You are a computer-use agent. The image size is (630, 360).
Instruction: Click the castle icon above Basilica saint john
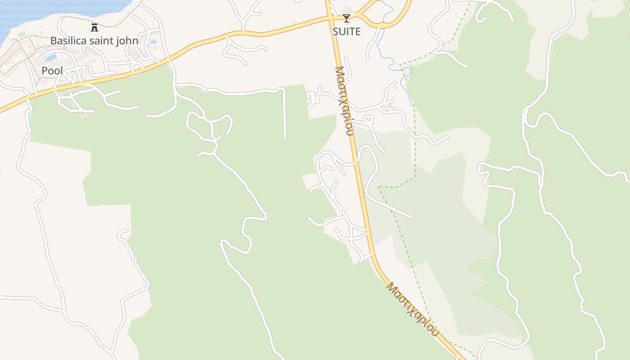94,27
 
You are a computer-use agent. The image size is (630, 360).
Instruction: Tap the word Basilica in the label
67,40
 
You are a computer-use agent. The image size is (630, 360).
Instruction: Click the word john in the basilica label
127,40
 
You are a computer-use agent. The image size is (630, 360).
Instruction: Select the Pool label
52,71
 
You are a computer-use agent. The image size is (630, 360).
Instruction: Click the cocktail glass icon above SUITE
346,18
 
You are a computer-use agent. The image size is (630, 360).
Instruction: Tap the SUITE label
346,31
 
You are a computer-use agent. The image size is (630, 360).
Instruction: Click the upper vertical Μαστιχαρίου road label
344,101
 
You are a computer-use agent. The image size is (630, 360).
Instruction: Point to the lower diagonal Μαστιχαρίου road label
412,309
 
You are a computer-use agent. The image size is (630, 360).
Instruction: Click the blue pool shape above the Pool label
51,58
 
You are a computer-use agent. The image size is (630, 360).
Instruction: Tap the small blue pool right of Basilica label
153,42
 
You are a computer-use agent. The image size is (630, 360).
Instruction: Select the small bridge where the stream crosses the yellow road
383,25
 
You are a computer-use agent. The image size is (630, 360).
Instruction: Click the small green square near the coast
22,35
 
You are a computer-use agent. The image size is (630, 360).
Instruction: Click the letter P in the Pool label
45,71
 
